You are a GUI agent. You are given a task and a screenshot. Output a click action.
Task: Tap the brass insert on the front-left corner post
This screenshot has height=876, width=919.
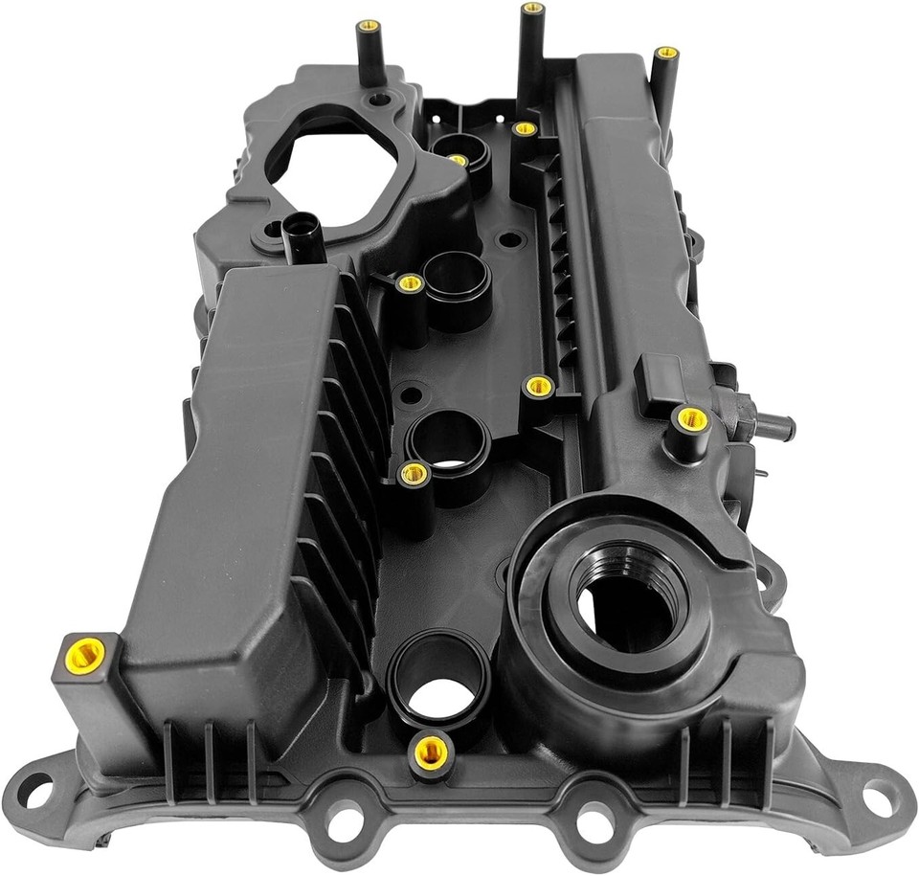[85, 654]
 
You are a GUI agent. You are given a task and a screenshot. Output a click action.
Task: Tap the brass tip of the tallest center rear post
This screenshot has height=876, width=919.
[533, 9]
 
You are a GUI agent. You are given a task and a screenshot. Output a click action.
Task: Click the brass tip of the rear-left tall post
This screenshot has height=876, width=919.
[370, 25]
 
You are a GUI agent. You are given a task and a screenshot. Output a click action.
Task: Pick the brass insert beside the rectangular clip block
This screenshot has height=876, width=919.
[690, 417]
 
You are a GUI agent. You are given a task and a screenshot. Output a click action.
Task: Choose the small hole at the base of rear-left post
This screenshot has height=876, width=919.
[381, 99]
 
